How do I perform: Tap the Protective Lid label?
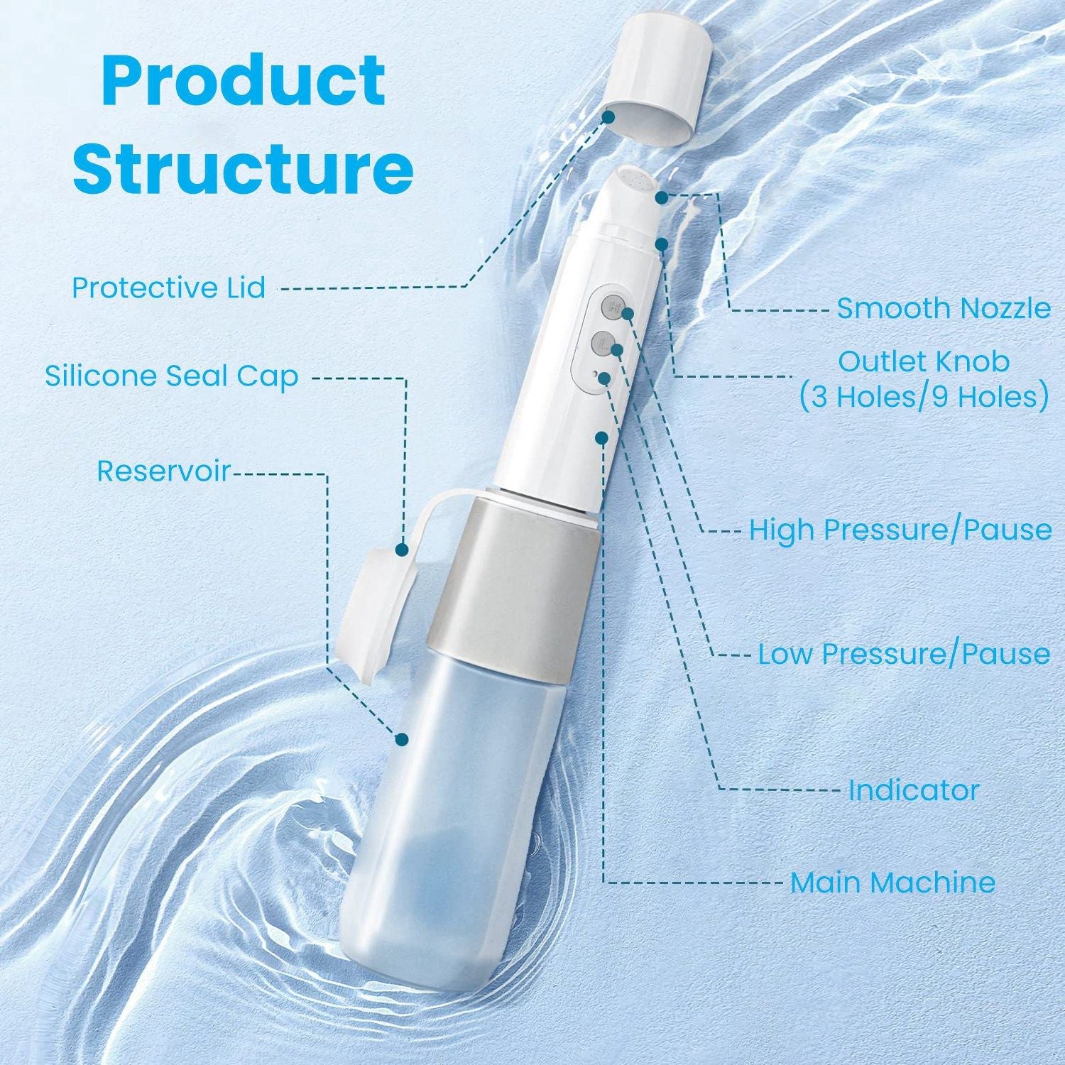click(x=169, y=288)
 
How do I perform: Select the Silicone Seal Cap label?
click(x=171, y=376)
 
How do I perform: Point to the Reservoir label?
click(x=164, y=471)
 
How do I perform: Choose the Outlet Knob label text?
click(x=924, y=361)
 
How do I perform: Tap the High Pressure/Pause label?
click(x=900, y=530)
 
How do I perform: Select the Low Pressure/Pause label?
click(x=904, y=653)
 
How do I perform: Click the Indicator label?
click(x=914, y=790)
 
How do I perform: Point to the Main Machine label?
click(x=892, y=883)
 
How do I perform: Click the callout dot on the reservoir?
click(x=403, y=739)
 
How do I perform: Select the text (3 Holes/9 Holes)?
click(x=924, y=397)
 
